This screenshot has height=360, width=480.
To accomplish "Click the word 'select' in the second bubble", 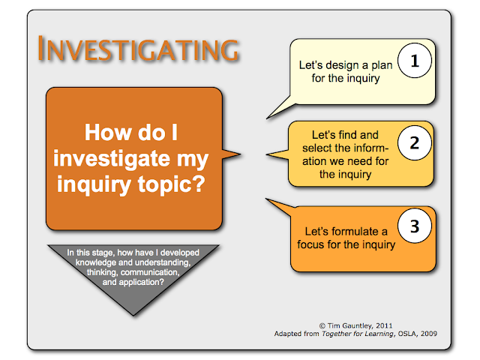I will [x=323, y=149].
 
